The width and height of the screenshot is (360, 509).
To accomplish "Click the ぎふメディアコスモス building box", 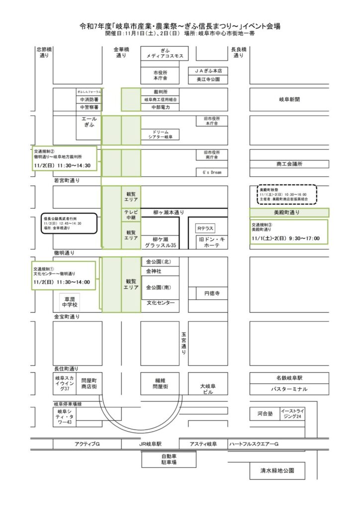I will pyautogui.click(x=165, y=54).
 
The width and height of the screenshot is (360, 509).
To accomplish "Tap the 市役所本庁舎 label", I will pyautogui.click(x=160, y=76).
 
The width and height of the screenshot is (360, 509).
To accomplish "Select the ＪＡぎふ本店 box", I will pyautogui.click(x=208, y=71).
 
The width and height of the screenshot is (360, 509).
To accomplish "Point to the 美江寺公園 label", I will pyautogui.click(x=208, y=80).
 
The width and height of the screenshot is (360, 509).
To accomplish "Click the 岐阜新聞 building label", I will pyautogui.click(x=289, y=99).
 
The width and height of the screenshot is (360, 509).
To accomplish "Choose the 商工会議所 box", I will pyautogui.click(x=289, y=164).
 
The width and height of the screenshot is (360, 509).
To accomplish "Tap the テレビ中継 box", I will pyautogui.click(x=131, y=215).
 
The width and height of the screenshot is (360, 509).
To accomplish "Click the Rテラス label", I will pyautogui.click(x=204, y=229).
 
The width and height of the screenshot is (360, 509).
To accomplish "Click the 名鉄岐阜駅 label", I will pyautogui.click(x=289, y=378).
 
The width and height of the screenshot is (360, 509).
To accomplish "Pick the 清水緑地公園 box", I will pyautogui.click(x=277, y=470).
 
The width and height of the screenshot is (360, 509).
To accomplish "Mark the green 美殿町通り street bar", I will pyautogui.click(x=289, y=212).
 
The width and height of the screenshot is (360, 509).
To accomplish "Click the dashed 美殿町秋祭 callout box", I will pyautogui.click(x=284, y=194).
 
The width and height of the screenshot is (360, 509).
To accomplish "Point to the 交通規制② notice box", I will pyautogui.click(x=64, y=158).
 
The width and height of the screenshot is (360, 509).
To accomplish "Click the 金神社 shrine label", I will pyautogui.click(x=153, y=271).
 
